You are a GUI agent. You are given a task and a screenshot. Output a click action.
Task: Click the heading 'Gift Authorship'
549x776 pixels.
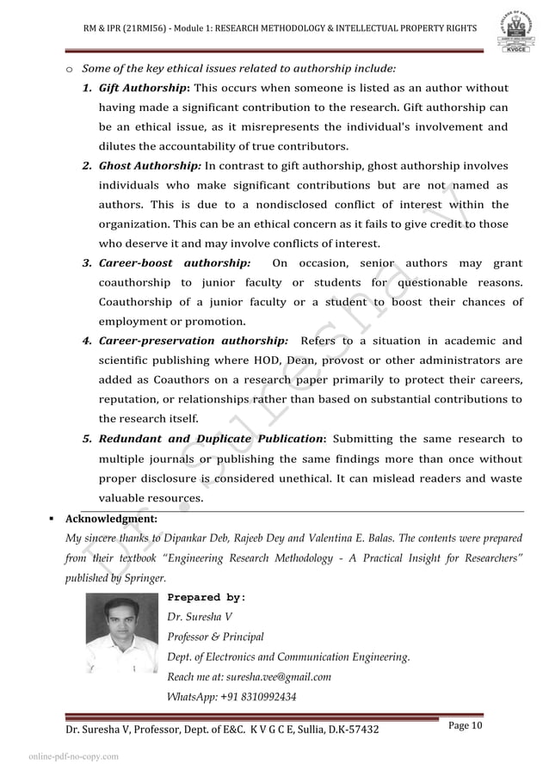point(143,88)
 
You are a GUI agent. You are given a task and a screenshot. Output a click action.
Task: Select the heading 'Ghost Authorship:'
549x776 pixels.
point(150,166)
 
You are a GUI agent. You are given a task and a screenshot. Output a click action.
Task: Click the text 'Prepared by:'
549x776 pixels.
point(207,597)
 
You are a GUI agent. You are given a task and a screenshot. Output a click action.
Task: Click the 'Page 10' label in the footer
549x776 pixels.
point(467,727)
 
